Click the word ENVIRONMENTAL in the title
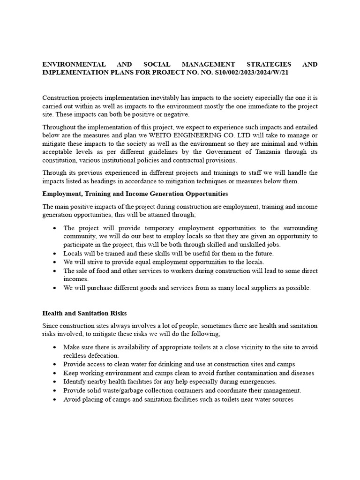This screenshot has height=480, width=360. [69, 64]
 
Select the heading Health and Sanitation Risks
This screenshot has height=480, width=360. [84, 313]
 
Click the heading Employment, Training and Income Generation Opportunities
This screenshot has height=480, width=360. [135, 193]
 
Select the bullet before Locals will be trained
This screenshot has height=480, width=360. [55, 254]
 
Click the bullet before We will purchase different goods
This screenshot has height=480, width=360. [55, 288]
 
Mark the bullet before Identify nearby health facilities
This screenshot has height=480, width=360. [55, 382]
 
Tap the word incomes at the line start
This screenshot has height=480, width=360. [76, 279]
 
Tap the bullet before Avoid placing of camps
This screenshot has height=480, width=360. [55, 400]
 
